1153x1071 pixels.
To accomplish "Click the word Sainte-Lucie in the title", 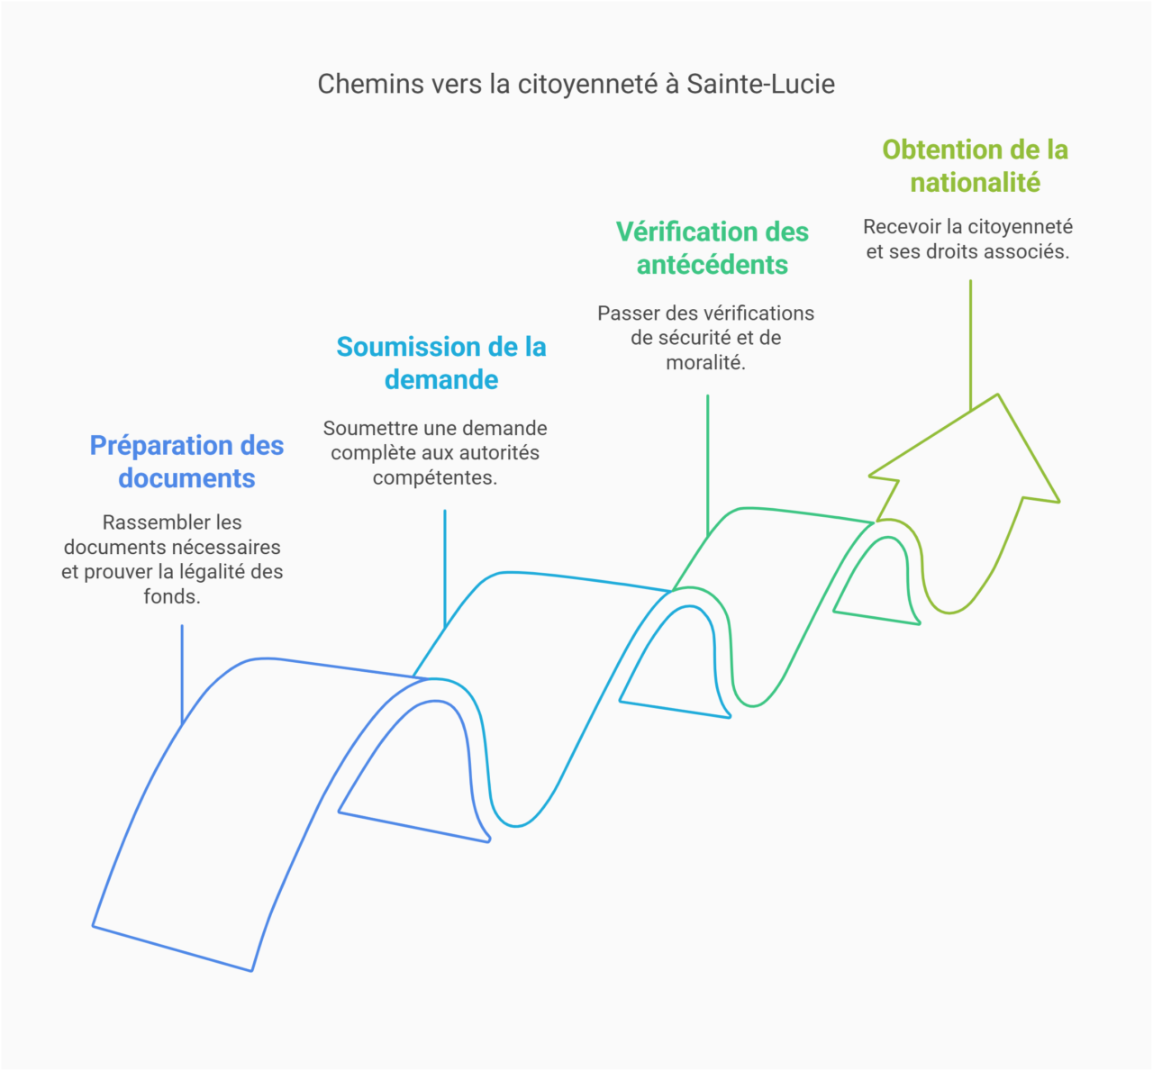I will tap(760, 84).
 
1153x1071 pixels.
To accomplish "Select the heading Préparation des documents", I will tap(186, 461).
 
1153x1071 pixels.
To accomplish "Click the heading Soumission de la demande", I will tap(441, 363).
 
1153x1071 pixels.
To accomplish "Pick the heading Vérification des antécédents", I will tap(713, 248).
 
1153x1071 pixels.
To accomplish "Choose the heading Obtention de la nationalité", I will tap(975, 166).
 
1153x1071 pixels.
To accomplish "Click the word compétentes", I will tap(434, 477).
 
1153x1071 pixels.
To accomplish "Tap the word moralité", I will tap(704, 362).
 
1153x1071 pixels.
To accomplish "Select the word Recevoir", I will tap(902, 227).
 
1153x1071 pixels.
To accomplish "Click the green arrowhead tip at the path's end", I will tap(997, 396).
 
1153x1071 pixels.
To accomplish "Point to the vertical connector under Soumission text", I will tap(445, 567).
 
